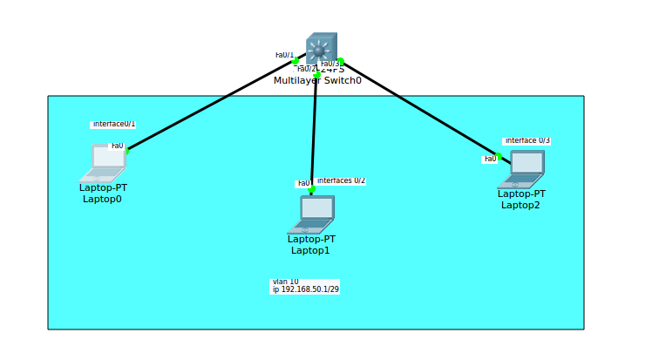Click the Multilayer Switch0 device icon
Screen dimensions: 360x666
(x=321, y=49)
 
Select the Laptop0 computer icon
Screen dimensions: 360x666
(x=105, y=163)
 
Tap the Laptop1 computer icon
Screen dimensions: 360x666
(x=312, y=214)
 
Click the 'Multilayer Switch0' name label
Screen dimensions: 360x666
(x=317, y=80)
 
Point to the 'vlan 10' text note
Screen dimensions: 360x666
(x=285, y=282)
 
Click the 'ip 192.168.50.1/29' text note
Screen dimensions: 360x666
(x=305, y=289)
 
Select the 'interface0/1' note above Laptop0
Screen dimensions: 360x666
(x=113, y=125)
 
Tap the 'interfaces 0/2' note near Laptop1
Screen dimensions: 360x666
(x=341, y=180)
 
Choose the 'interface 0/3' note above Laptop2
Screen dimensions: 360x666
(x=527, y=140)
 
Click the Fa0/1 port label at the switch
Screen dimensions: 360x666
(x=284, y=55)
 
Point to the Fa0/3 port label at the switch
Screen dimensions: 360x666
(x=330, y=64)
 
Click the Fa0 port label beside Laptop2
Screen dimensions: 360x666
(x=490, y=159)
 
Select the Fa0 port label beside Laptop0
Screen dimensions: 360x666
(x=117, y=146)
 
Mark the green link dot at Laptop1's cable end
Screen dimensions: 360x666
(x=311, y=189)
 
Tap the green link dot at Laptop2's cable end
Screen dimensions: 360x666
(x=499, y=156)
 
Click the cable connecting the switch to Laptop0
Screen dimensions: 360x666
(x=209, y=105)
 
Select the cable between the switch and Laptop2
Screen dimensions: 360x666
(x=418, y=109)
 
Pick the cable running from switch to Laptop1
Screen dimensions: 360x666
(x=314, y=131)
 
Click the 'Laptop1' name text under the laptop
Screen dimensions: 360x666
(x=310, y=250)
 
